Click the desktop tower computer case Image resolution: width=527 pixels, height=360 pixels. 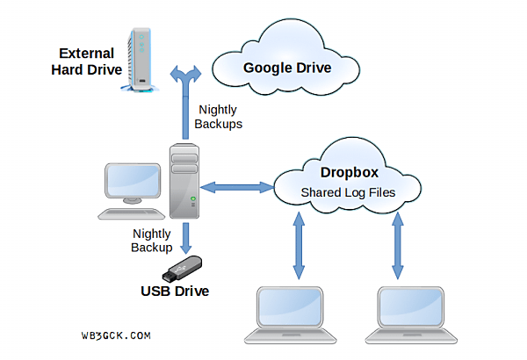click(184, 181)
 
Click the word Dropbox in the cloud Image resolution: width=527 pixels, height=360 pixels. click(348, 173)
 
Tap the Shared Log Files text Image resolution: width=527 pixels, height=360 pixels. click(348, 191)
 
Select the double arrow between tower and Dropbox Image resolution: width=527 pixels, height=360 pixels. click(237, 186)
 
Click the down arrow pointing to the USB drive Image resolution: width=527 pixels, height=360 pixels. click(185, 237)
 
